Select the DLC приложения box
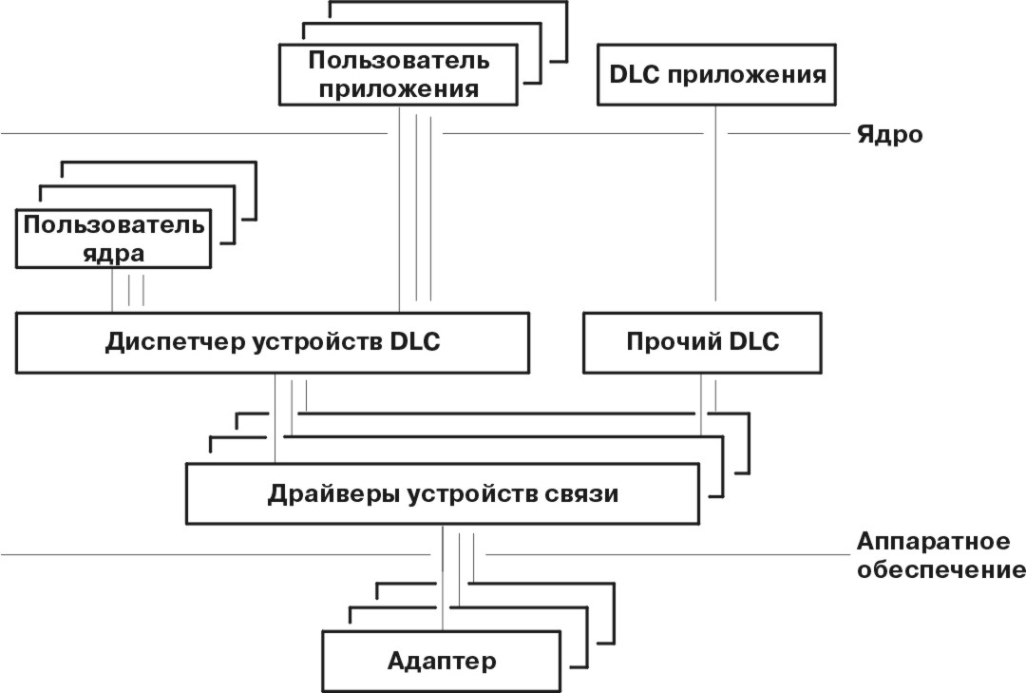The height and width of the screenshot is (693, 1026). coord(716,75)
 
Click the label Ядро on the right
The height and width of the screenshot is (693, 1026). coord(889,134)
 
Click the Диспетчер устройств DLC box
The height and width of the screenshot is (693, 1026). coord(272,342)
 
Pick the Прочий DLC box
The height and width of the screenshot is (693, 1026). coord(702,342)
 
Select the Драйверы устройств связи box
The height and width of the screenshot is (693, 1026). coord(443,494)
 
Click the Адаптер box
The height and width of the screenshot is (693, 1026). coord(442,660)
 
